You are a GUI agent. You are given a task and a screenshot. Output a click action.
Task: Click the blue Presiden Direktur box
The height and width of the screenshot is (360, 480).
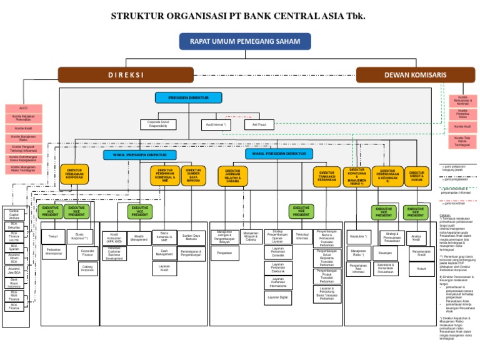click(x=189, y=97)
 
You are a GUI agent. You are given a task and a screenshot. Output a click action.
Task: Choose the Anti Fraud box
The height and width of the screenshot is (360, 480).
click(x=259, y=124)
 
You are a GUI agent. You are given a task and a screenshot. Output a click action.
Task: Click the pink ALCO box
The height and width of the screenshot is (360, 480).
click(x=24, y=108)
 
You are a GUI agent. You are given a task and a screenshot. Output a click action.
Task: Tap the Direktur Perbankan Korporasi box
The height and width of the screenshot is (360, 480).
click(x=74, y=174)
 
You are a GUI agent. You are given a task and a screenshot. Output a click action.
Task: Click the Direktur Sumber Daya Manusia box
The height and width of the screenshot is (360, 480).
click(x=193, y=174)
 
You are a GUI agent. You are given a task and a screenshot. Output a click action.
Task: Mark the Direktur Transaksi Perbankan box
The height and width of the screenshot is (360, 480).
click(x=327, y=176)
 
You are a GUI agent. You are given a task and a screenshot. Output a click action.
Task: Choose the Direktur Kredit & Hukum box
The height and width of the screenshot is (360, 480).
click(x=417, y=176)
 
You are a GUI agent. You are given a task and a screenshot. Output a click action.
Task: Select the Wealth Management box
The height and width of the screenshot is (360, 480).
click(x=139, y=238)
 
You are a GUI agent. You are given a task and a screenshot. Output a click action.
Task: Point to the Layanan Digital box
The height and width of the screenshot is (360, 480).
click(x=278, y=297)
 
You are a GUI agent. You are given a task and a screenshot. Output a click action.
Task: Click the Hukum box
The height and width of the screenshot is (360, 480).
click(x=422, y=269)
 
